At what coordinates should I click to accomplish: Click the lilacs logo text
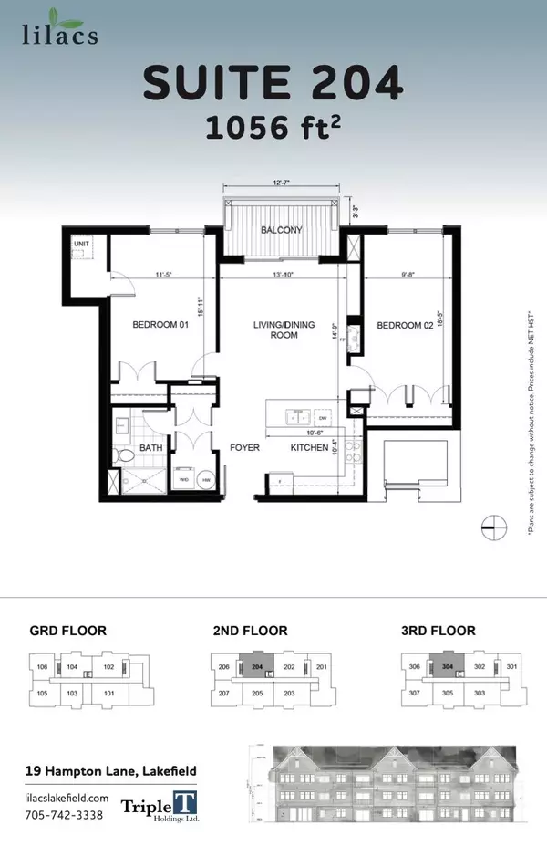pyautogui.click(x=60, y=35)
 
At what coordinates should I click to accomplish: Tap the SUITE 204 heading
pyautogui.click(x=273, y=86)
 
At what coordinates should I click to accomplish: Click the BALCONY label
pyautogui.click(x=281, y=230)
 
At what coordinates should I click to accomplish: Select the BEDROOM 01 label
pyautogui.click(x=160, y=325)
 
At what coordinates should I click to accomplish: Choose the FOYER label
pyautogui.click(x=246, y=448)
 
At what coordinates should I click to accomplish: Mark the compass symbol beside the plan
pyautogui.click(x=493, y=527)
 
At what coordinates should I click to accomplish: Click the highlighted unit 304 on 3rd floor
pyautogui.click(x=447, y=667)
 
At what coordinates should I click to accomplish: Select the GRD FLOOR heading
pyautogui.click(x=68, y=631)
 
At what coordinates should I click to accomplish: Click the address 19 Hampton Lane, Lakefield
pyautogui.click(x=110, y=771)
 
